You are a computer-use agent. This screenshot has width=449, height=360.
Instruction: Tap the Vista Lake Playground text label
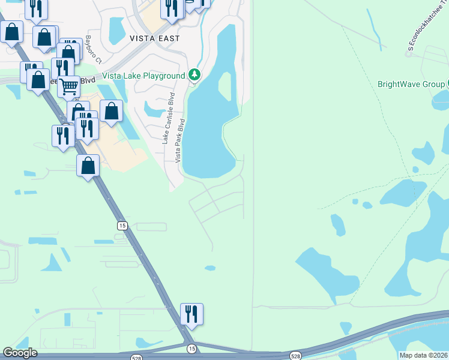(x=143, y=76)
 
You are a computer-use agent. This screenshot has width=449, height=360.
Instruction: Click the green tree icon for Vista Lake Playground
(x=194, y=75)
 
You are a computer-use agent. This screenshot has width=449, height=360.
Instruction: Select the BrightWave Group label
(x=411, y=84)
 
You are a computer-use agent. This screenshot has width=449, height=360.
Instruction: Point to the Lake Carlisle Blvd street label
(x=168, y=118)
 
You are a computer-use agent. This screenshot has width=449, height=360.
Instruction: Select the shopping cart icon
(x=69, y=86)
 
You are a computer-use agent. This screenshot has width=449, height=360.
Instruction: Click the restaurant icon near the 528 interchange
(x=191, y=313)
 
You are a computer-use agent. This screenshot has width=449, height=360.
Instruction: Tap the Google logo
(x=20, y=353)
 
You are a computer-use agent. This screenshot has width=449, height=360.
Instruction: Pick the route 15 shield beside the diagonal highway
(x=122, y=225)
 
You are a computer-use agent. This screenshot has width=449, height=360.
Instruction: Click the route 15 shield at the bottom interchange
(x=191, y=348)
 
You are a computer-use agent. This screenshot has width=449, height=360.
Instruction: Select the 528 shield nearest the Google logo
(x=137, y=357)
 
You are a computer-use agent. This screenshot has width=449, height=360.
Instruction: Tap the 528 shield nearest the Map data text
(x=295, y=356)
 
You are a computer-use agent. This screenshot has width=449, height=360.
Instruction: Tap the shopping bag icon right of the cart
(x=111, y=110)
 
